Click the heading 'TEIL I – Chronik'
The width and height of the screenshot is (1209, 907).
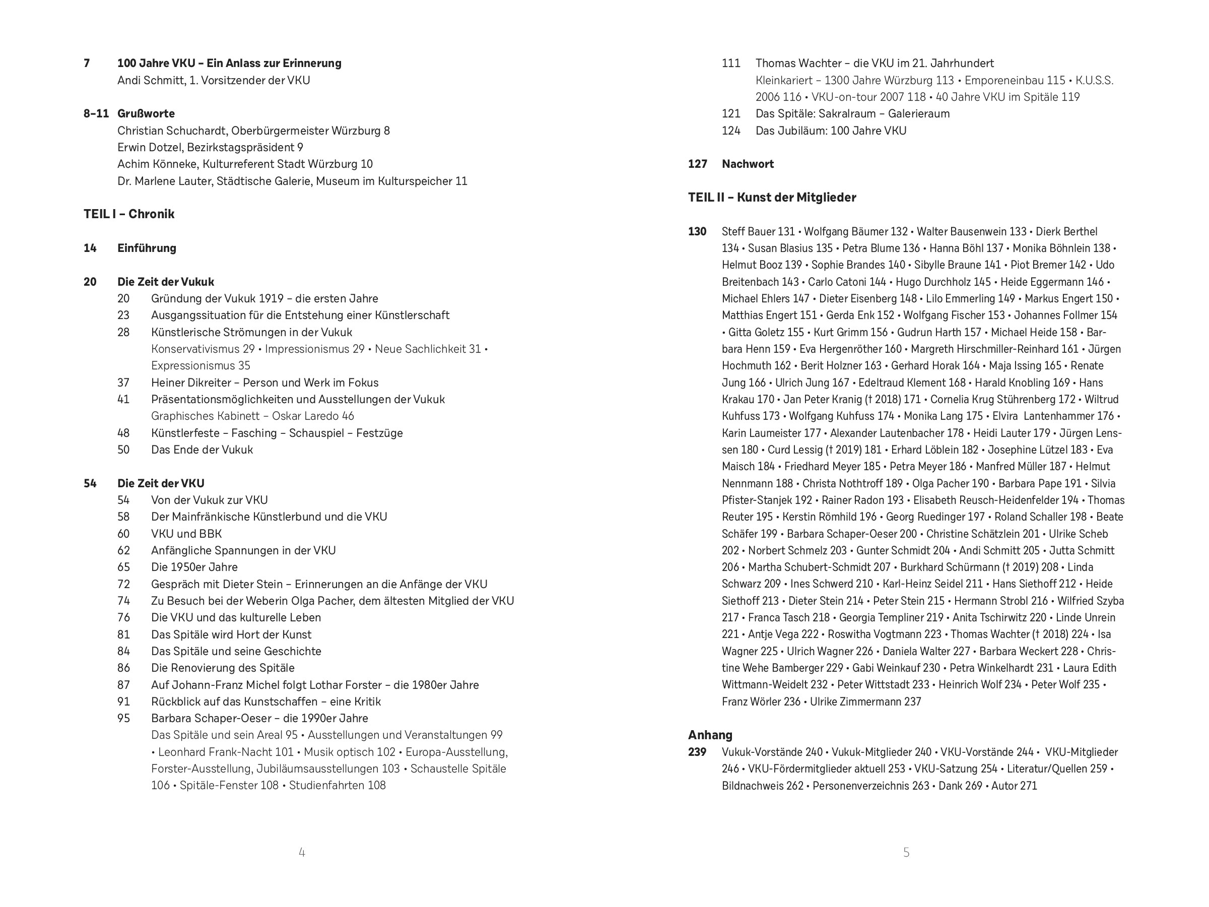pyautogui.click(x=129, y=214)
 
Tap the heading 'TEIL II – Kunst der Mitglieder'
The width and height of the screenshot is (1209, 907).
pyautogui.click(x=772, y=198)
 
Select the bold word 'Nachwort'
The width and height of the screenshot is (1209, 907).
pyautogui.click(x=748, y=164)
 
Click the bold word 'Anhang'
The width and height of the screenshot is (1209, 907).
pyautogui.click(x=710, y=735)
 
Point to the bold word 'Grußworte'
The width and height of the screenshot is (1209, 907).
pyautogui.click(x=146, y=114)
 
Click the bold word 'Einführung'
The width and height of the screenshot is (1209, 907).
pyautogui.click(x=147, y=248)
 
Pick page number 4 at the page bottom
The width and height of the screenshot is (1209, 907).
pyautogui.click(x=302, y=852)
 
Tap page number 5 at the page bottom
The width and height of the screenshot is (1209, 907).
pyautogui.click(x=906, y=852)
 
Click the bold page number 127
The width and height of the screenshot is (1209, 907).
pyautogui.click(x=697, y=164)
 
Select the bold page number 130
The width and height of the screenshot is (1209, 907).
pyautogui.click(x=697, y=231)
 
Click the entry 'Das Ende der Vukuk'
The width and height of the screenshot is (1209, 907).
pyautogui.click(x=201, y=449)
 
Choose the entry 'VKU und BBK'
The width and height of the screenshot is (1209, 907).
pyautogui.click(x=186, y=534)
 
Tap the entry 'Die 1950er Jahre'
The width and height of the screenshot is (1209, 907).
pyautogui.click(x=194, y=567)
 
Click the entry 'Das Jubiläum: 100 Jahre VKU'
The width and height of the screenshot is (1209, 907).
pyautogui.click(x=831, y=131)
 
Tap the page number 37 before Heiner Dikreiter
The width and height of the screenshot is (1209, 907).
pyautogui.click(x=123, y=382)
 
